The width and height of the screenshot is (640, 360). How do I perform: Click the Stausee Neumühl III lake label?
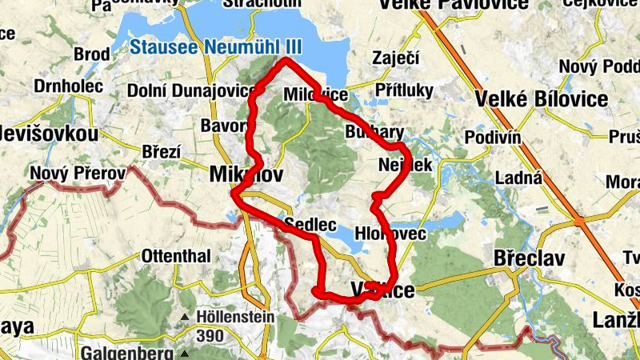point(210,47)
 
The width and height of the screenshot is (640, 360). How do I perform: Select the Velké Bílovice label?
point(542,99)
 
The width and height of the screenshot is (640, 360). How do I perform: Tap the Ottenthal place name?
point(176,257)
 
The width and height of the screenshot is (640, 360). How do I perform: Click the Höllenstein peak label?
point(235,317)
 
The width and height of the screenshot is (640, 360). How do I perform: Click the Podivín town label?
point(493,138)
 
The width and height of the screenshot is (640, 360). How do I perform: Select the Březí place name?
point(162,152)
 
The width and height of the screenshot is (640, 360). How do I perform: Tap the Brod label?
point(91,54)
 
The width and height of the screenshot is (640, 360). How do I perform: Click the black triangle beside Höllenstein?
point(185,318)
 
